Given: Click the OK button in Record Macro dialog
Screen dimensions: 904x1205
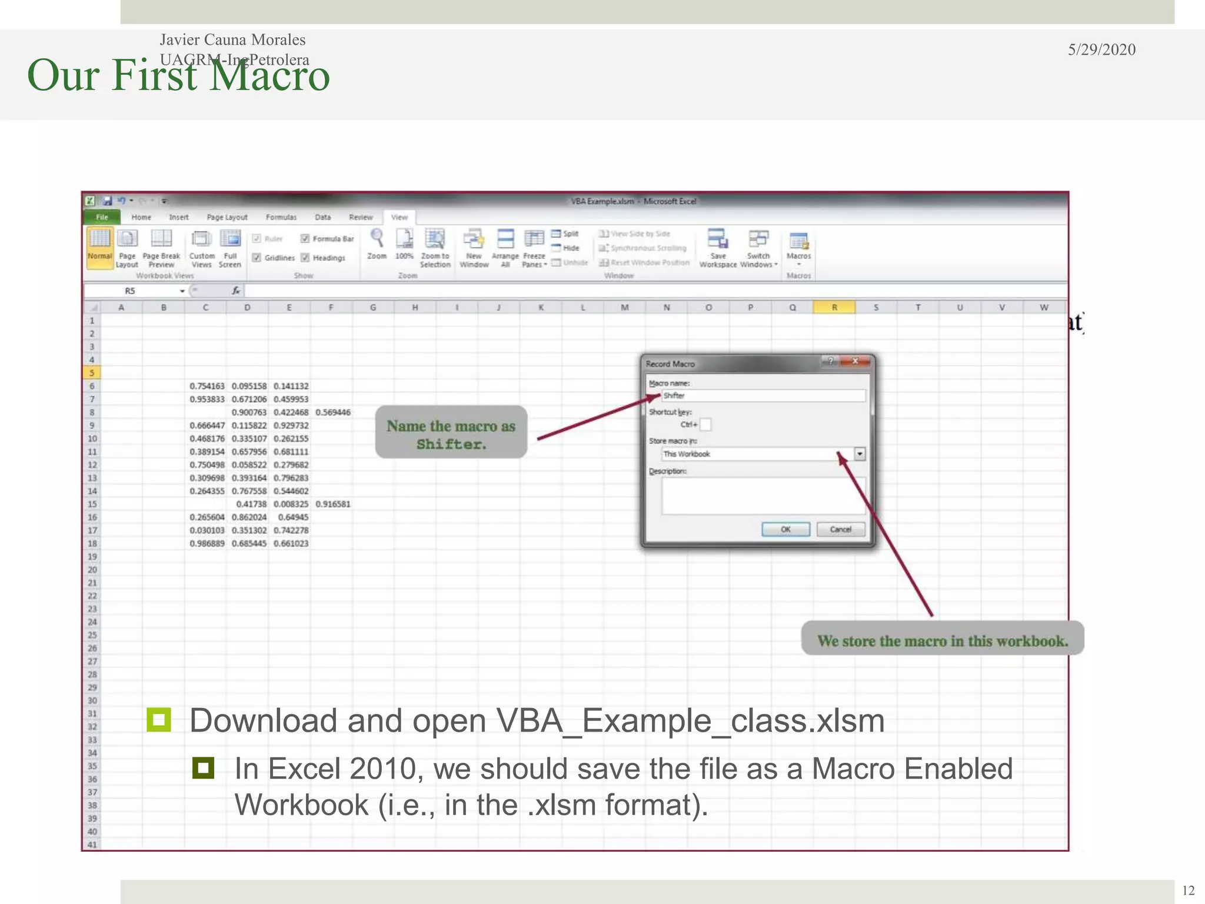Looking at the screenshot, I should (x=785, y=529).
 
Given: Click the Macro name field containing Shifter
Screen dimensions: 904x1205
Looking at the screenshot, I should (x=763, y=395).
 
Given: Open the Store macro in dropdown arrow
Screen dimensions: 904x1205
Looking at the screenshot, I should (x=860, y=454).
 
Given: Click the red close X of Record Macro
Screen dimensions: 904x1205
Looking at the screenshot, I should (x=855, y=361).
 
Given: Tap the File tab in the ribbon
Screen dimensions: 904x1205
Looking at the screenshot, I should (x=102, y=217).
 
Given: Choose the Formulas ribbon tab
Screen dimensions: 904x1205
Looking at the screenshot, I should (x=281, y=217).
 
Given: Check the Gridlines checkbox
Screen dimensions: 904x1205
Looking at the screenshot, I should (x=257, y=258).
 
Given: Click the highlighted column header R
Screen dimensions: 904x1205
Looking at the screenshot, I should (x=834, y=307).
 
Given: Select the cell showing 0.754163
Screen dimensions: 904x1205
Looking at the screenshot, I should (x=207, y=386).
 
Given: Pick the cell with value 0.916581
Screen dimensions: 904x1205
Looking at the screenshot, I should (x=332, y=504).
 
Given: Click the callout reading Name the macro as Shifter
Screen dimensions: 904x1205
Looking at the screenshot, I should (x=451, y=434).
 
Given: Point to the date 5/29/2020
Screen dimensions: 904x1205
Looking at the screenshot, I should (x=1101, y=49).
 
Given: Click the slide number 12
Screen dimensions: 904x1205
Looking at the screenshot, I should (x=1188, y=890).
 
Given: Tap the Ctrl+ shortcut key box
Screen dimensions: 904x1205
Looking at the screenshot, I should (x=705, y=424).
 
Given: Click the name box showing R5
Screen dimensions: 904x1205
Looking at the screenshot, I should (x=135, y=291).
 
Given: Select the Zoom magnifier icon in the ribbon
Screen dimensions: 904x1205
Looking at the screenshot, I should (x=377, y=239).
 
